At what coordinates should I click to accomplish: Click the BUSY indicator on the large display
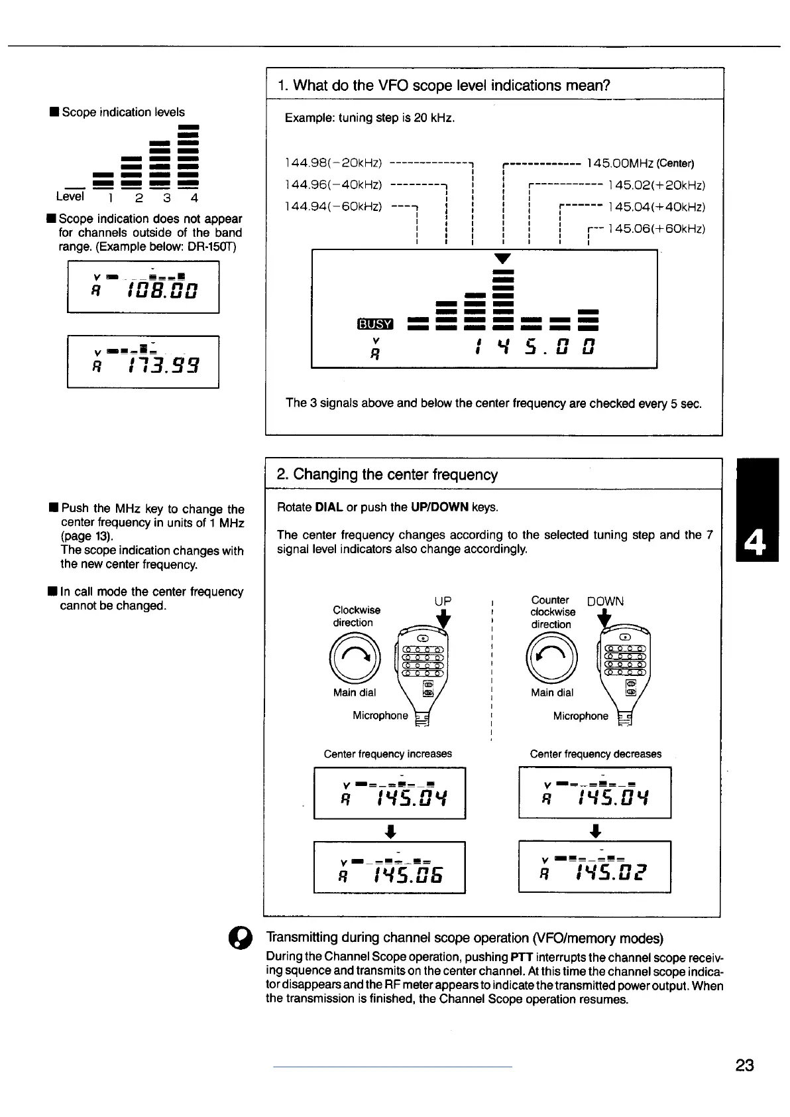point(375,324)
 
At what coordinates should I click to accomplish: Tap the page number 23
point(744,1065)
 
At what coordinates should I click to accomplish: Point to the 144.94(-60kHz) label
point(333,207)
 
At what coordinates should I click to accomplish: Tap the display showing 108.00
point(143,287)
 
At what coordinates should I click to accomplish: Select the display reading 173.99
point(143,361)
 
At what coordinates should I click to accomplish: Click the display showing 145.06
point(389,868)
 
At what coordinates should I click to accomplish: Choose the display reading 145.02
point(594,867)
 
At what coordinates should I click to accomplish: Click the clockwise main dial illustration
point(355,658)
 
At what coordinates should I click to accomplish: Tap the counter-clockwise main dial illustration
point(551,658)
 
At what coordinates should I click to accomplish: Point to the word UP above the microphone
point(443,601)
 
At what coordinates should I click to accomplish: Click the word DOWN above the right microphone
point(605,602)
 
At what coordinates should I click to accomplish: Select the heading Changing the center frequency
point(387,475)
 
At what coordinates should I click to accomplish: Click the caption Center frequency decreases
point(595,754)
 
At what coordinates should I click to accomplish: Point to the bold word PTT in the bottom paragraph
point(522,957)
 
